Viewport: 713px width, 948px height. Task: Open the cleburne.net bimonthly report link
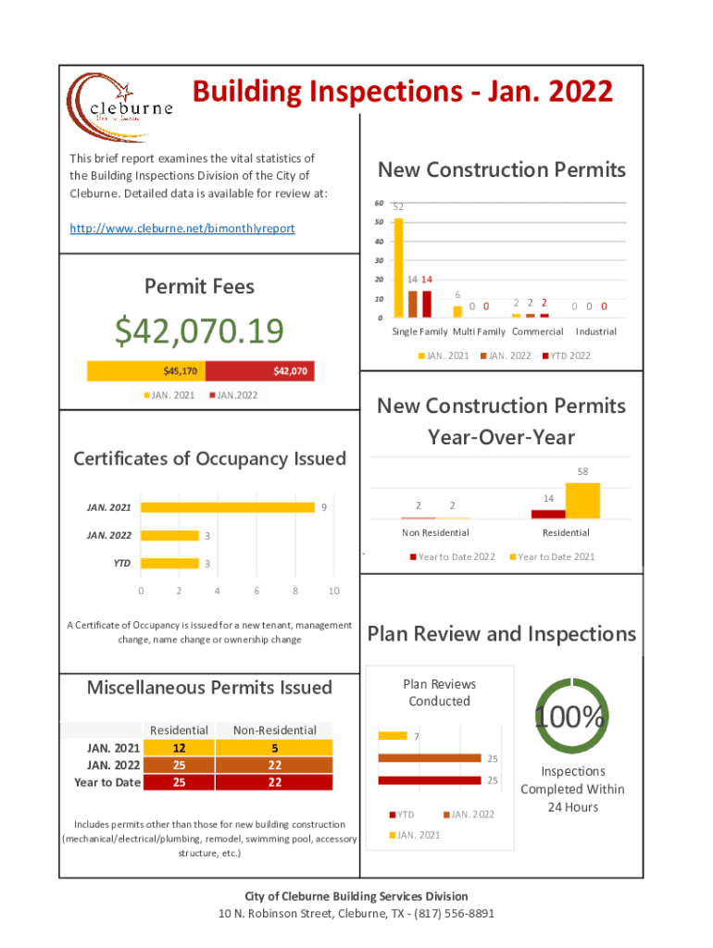(182, 228)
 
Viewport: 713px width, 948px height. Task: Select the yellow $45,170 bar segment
(145, 371)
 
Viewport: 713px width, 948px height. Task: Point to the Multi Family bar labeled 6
(457, 311)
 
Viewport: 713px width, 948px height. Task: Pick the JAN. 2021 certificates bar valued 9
(227, 507)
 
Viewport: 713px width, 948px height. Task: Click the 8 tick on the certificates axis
(295, 592)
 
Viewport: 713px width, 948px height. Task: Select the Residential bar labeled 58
(582, 501)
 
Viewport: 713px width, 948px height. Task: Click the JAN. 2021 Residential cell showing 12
(180, 748)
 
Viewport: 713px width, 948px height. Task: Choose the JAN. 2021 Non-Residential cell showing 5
(274, 748)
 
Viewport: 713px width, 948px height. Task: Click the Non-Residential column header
(274, 730)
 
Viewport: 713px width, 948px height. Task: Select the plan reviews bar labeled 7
(393, 736)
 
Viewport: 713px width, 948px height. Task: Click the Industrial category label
(594, 331)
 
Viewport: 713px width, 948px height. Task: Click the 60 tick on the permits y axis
(379, 203)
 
